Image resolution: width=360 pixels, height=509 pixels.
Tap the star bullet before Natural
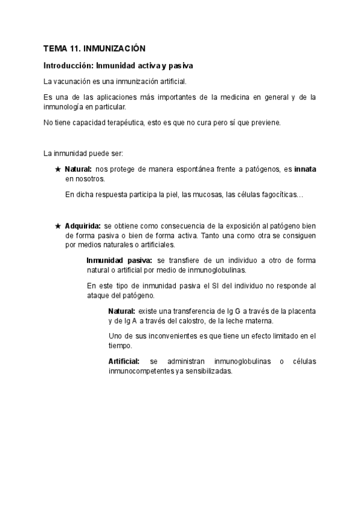pyautogui.click(x=58, y=170)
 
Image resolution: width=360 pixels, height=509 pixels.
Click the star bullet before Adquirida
pyautogui.click(x=58, y=226)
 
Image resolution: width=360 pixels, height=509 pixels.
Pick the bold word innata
pyautogui.click(x=305, y=170)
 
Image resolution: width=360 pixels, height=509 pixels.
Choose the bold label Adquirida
pyautogui.click(x=83, y=226)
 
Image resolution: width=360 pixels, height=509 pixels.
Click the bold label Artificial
pyautogui.click(x=124, y=361)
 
